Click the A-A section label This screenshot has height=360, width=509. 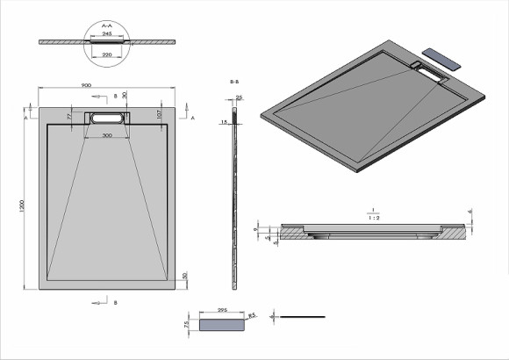107,27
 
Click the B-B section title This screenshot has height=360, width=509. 234,80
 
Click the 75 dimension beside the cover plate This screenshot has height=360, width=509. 188,324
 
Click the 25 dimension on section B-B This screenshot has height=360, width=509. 240,97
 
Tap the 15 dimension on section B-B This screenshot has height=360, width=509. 224,121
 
